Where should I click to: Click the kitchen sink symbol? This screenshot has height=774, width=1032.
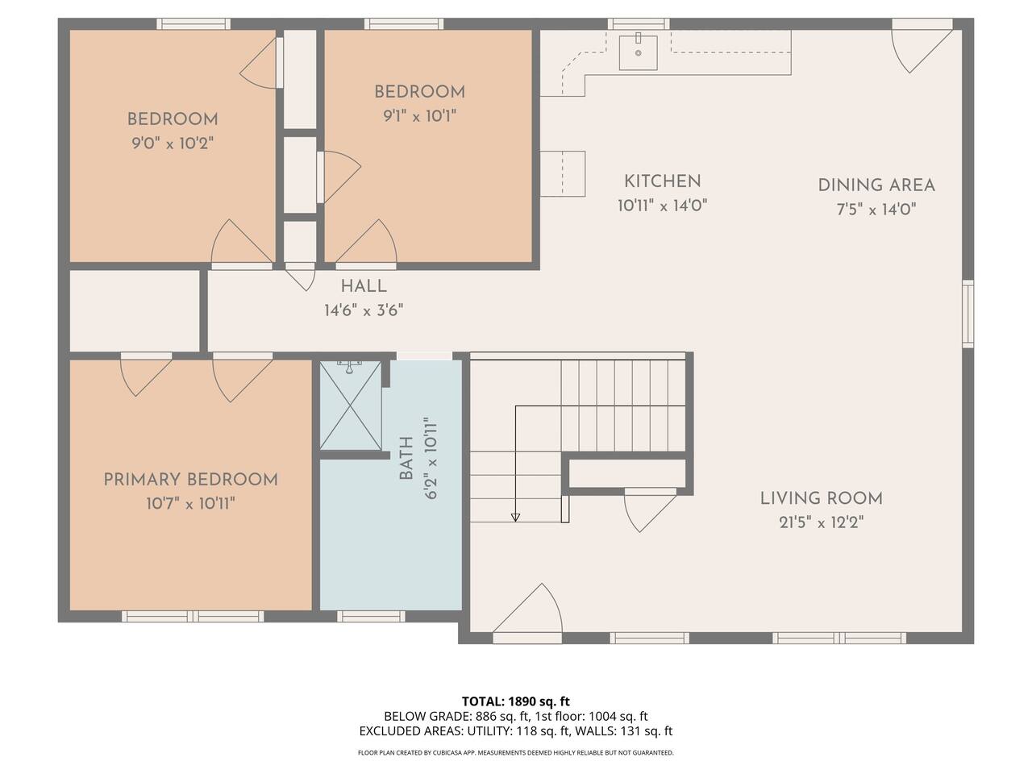[638, 52]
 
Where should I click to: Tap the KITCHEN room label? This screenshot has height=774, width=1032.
[662, 181]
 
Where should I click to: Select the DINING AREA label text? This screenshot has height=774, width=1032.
[876, 185]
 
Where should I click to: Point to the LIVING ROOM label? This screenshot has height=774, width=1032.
[822, 498]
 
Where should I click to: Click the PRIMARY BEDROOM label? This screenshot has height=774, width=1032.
[190, 480]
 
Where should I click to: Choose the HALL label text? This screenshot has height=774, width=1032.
[364, 286]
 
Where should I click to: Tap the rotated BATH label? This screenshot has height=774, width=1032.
[406, 458]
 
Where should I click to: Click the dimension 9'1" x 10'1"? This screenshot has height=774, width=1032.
[419, 115]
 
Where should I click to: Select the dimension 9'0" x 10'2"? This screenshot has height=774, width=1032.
[173, 143]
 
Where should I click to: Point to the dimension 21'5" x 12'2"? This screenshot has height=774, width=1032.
[822, 522]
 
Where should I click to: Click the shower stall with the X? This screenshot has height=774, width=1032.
[350, 405]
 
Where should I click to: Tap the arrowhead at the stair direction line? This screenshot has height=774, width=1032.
[515, 518]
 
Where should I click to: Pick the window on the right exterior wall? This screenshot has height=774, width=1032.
[968, 314]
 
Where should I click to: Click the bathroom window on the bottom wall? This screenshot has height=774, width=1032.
[371, 616]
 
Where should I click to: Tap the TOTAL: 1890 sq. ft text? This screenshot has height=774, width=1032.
[516, 702]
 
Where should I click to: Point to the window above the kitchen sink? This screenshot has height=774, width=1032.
[639, 24]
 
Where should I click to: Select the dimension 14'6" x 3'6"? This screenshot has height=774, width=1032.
[364, 310]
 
